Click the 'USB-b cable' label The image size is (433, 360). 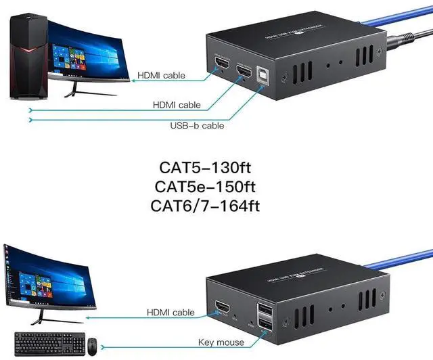(x=197, y=125)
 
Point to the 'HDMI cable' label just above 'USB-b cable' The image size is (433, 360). (x=177, y=105)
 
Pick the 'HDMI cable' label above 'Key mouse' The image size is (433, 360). (x=170, y=313)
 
